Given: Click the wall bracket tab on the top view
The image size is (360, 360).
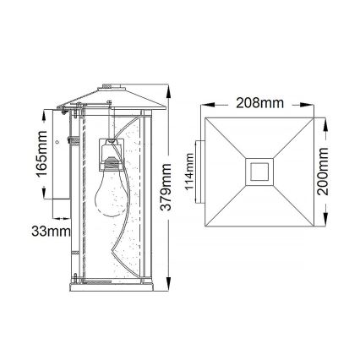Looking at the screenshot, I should tap(197, 172).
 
